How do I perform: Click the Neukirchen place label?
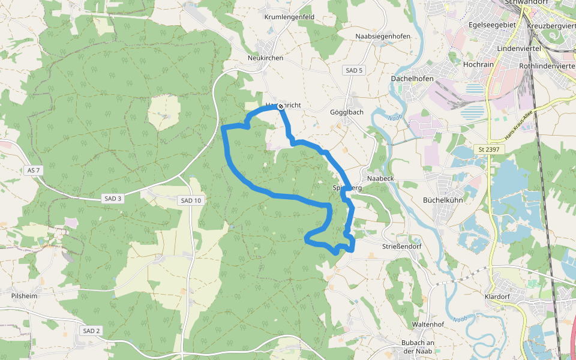click(265, 58)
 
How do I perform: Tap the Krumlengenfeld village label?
click(289, 17)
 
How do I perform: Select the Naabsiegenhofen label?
click(383, 37)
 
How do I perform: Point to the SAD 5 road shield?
click(354, 71)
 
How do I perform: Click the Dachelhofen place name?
click(412, 79)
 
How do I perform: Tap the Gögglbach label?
click(347, 112)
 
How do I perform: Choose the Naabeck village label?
click(380, 179)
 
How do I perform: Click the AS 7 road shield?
click(34, 170)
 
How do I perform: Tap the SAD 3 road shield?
click(112, 199)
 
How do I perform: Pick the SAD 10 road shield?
click(190, 200)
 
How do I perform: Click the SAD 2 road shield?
click(91, 331)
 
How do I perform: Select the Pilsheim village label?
click(25, 296)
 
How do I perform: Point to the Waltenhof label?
click(428, 325)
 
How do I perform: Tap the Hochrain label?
click(478, 63)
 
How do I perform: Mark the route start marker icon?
click(280, 106)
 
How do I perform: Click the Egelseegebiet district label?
click(493, 26)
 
